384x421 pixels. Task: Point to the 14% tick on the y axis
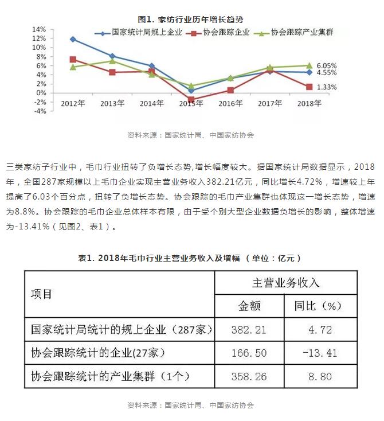[39, 29]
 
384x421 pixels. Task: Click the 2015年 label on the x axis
[191, 104]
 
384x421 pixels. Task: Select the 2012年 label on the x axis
[73, 104]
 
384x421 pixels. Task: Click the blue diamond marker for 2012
[73, 40]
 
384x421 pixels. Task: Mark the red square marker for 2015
[191, 99]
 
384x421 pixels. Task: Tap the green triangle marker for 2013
[112, 61]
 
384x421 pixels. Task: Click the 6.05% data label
[326, 65]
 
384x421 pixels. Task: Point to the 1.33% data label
[326, 87]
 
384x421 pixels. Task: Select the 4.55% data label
[326, 73]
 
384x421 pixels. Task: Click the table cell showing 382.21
[249, 330]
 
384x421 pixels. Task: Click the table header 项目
[41, 294]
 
